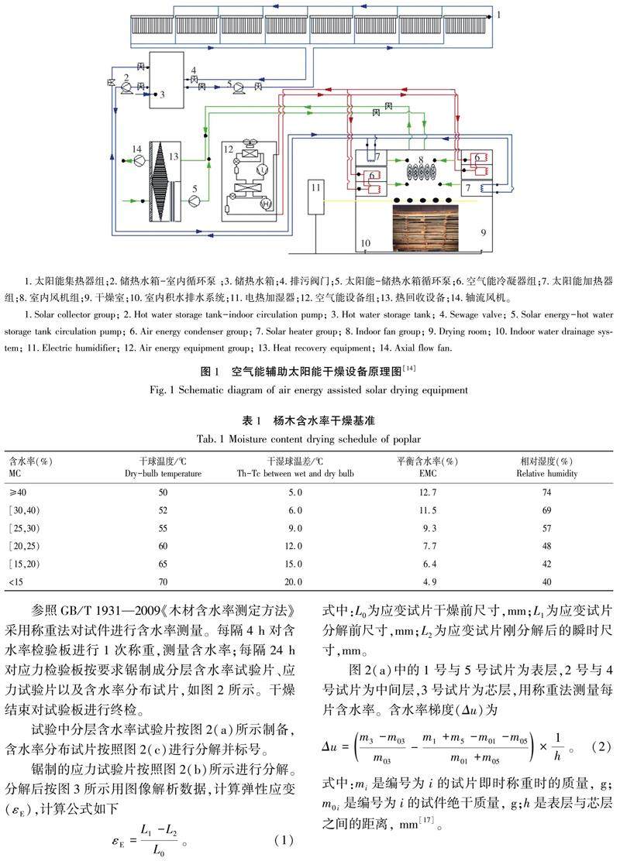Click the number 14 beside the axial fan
(x=137, y=148)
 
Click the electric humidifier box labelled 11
(x=315, y=198)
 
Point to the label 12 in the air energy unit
(x=228, y=149)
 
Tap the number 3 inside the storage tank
(x=163, y=94)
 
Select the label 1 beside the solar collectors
(x=498, y=14)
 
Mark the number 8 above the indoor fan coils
(x=420, y=159)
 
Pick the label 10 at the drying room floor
(x=365, y=243)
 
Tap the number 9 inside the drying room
(x=482, y=232)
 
